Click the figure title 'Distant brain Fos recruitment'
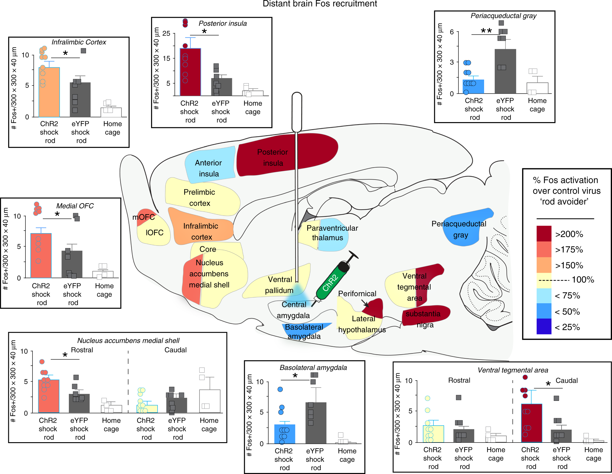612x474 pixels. (x=320, y=4)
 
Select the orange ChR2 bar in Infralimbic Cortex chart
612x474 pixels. (x=49, y=92)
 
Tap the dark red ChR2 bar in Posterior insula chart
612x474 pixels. (x=190, y=72)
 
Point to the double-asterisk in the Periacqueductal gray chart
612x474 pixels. (x=486, y=31)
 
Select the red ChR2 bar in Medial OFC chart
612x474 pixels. (x=41, y=256)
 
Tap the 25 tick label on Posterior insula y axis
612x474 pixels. (x=166, y=33)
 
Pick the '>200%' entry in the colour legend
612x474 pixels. (x=569, y=234)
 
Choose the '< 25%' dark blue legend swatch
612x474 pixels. (x=544, y=327)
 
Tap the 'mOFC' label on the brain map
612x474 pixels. (x=143, y=217)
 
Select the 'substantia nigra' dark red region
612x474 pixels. (x=425, y=315)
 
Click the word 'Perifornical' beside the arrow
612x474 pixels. (x=357, y=294)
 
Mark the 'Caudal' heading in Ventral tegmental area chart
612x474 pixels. (x=566, y=380)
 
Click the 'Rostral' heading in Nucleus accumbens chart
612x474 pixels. (x=82, y=350)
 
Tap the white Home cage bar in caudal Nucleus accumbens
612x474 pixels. (x=210, y=401)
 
